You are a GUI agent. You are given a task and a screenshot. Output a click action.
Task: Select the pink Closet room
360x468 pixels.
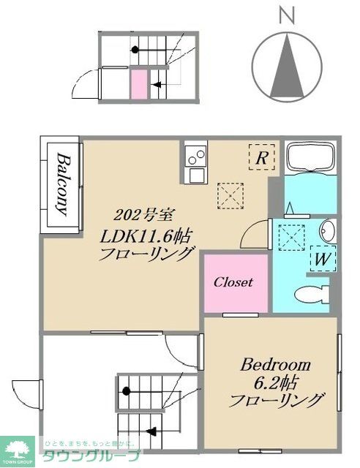point(233,282)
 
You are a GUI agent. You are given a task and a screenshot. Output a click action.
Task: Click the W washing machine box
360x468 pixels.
point(322,259)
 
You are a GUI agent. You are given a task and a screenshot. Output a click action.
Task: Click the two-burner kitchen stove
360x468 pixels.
point(195,156)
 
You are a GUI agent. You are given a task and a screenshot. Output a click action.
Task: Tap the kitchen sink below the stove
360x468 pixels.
point(195,175)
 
